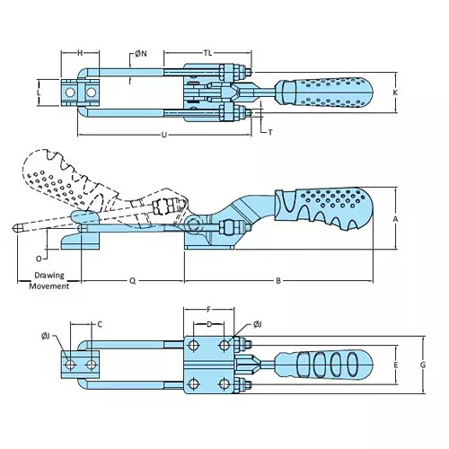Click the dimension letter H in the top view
pyautogui.click(x=80, y=53)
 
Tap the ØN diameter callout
pyautogui.click(x=140, y=54)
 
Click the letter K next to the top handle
pyautogui.click(x=396, y=92)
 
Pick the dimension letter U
pyautogui.click(x=163, y=136)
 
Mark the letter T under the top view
pyautogui.click(x=270, y=132)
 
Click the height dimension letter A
pyautogui.click(x=396, y=218)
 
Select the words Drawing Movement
pyautogui.click(x=48, y=280)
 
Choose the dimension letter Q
pyautogui.click(x=132, y=280)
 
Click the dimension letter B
pyautogui.click(x=279, y=280)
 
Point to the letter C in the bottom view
pyautogui.click(x=100, y=323)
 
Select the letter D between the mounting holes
pyautogui.click(x=209, y=323)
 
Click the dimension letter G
pyautogui.click(x=422, y=365)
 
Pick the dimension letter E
pyautogui.click(x=396, y=365)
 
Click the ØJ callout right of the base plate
pyautogui.click(x=257, y=323)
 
